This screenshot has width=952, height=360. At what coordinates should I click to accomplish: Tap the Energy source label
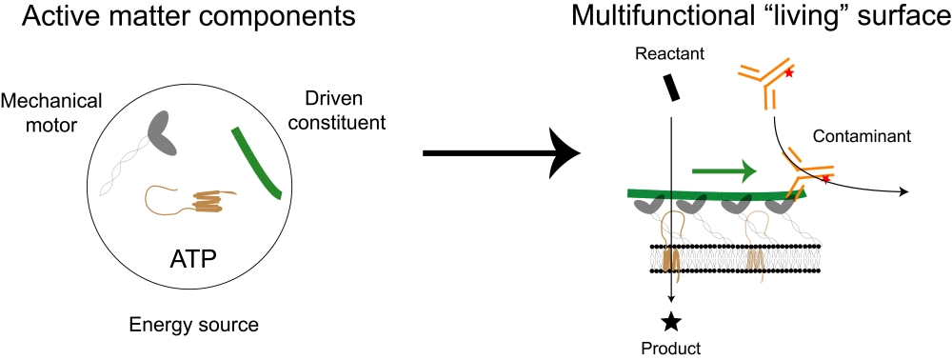193,325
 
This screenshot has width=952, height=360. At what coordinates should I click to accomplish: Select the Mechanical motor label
51,113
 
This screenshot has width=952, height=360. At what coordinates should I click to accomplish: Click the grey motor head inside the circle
162,133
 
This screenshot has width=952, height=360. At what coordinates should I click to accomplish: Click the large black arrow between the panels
502,153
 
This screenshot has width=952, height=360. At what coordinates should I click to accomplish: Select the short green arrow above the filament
724,171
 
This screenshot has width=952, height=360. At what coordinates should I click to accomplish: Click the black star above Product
670,321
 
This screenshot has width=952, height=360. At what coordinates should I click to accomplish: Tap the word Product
671,349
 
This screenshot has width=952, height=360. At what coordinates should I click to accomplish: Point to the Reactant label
669,53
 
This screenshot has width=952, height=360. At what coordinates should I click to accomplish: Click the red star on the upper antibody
789,73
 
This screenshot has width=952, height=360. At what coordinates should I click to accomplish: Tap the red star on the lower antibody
824,179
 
